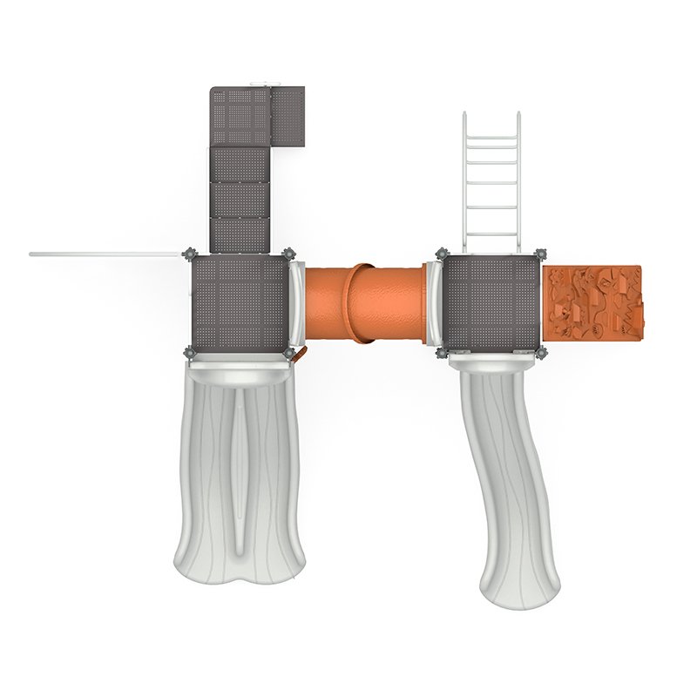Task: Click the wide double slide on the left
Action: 237,470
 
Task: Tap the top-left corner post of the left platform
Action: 189,254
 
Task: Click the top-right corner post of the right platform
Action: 540,254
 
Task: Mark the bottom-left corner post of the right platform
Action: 441,353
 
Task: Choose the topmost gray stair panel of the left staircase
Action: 240,115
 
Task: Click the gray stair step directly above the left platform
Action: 240,233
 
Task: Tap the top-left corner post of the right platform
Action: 440,254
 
